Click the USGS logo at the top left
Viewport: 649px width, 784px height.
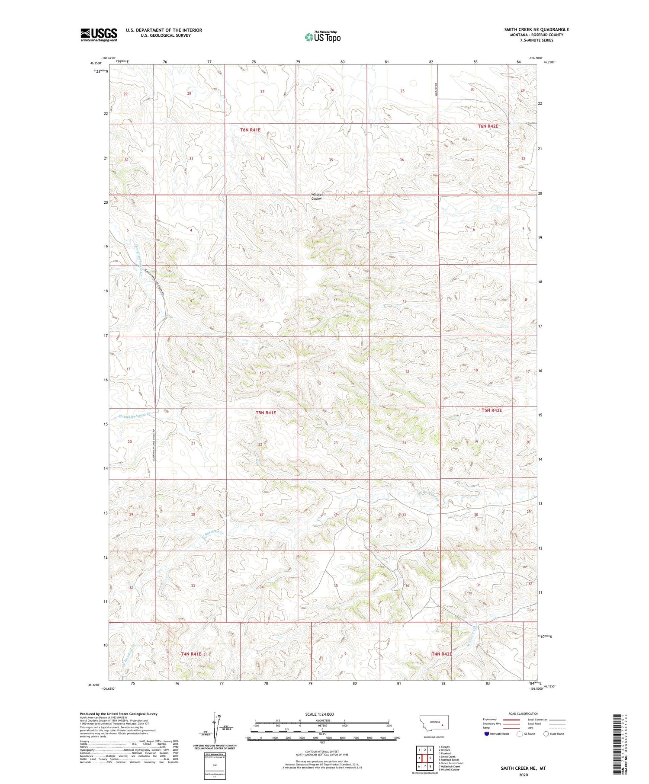99,35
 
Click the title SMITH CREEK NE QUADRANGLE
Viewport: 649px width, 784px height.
536,29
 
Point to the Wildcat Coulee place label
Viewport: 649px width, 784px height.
317,197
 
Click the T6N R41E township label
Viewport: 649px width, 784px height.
250,130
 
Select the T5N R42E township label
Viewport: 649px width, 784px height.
492,410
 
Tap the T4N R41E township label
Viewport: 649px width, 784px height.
191,654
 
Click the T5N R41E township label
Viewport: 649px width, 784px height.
266,413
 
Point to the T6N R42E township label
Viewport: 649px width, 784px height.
488,126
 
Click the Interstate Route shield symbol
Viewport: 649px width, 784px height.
487,734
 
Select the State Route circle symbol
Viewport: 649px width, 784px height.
546,734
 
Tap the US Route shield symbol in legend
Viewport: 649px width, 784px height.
520,734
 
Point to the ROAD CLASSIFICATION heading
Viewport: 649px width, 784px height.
523,714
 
